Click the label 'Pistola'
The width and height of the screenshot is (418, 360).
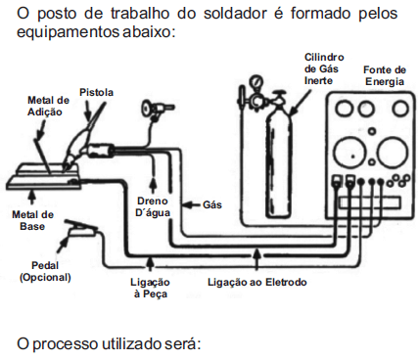coord(96,92)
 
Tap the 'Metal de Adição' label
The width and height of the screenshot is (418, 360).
coord(47,106)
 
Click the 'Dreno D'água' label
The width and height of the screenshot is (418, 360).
coord(153,206)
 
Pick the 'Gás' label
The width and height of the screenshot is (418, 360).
coord(212,205)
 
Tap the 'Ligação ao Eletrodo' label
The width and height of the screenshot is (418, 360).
coord(257,282)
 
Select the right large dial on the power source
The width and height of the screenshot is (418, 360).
coord(389,152)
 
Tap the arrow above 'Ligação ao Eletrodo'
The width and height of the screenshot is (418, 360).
coord(257,260)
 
